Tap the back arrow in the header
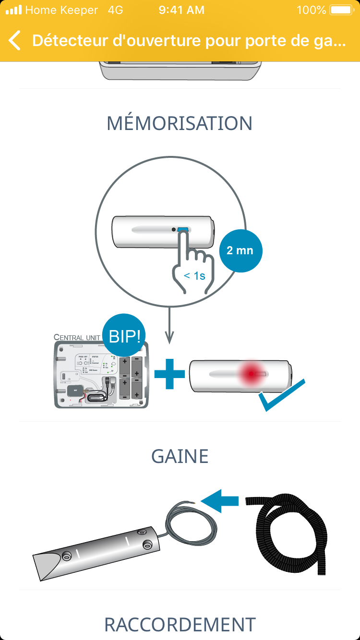(15, 41)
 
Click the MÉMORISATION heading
(180, 123)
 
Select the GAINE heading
(180, 456)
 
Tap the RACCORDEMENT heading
(180, 625)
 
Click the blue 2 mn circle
(240, 250)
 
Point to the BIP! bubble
(125, 336)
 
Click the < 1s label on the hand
(194, 276)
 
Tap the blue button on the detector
(183, 230)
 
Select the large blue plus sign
(169, 374)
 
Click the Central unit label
(77, 337)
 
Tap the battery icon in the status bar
(341, 10)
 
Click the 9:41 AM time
(181, 10)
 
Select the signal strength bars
(14, 10)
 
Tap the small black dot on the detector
(174, 230)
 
